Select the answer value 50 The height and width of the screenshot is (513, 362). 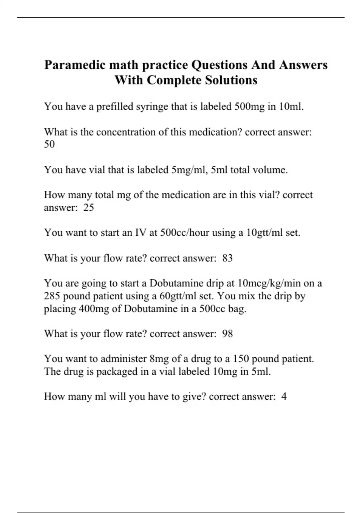click(x=49, y=144)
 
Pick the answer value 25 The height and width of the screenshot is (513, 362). click(x=88, y=208)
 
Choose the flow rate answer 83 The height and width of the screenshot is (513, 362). click(x=227, y=258)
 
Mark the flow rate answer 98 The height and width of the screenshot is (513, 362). click(x=227, y=334)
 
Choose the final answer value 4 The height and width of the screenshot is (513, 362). click(x=284, y=397)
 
